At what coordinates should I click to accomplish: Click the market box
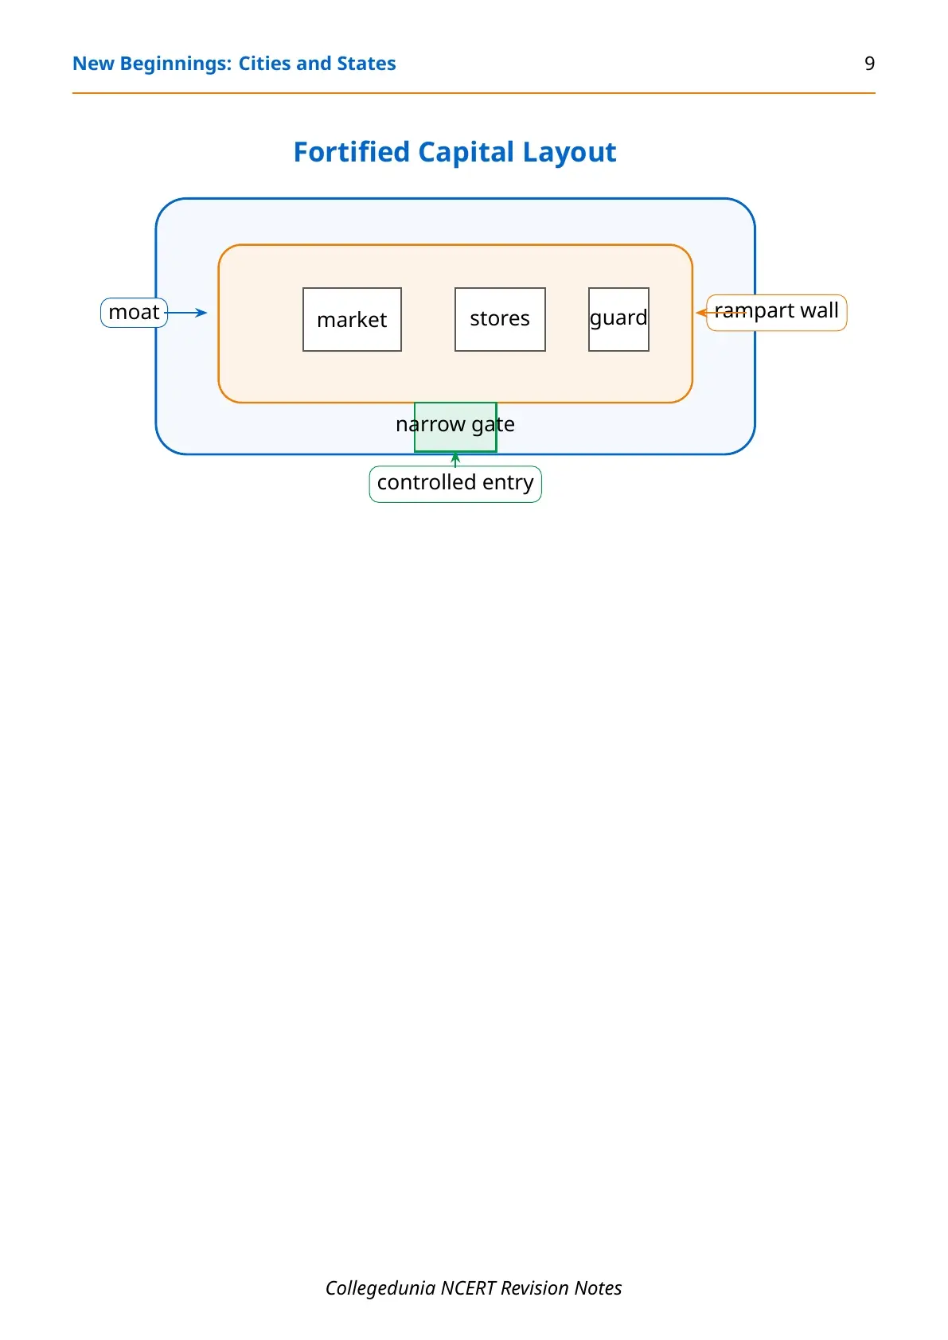[352, 319]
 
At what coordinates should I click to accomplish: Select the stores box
[500, 319]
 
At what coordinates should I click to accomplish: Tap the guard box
[618, 319]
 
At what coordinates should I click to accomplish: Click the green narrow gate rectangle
[454, 427]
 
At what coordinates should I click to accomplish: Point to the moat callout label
[134, 312]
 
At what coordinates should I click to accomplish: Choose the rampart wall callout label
[776, 312]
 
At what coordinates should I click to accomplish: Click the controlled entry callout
[454, 484]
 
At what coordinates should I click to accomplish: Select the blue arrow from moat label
[186, 312]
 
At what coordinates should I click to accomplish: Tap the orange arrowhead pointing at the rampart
[700, 312]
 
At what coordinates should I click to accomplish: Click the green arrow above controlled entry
[454, 460]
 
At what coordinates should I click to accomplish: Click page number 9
[869, 64]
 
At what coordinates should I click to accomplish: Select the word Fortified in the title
[351, 152]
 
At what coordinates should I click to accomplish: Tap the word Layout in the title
[569, 153]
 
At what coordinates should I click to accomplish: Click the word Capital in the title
[466, 153]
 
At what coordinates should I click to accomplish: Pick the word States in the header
[366, 64]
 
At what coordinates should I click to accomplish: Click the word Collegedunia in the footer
[380, 1287]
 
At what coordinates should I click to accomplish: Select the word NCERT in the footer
[467, 1287]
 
